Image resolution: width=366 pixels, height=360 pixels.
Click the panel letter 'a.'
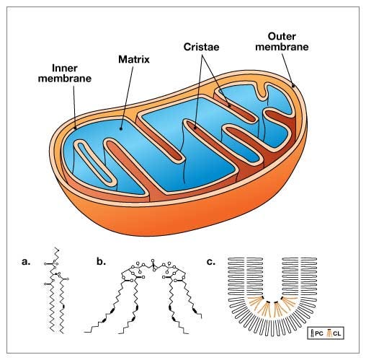tap(27, 261)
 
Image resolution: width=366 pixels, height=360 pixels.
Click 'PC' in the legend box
tap(322, 334)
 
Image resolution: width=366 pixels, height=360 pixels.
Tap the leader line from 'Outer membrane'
tap(286, 69)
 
